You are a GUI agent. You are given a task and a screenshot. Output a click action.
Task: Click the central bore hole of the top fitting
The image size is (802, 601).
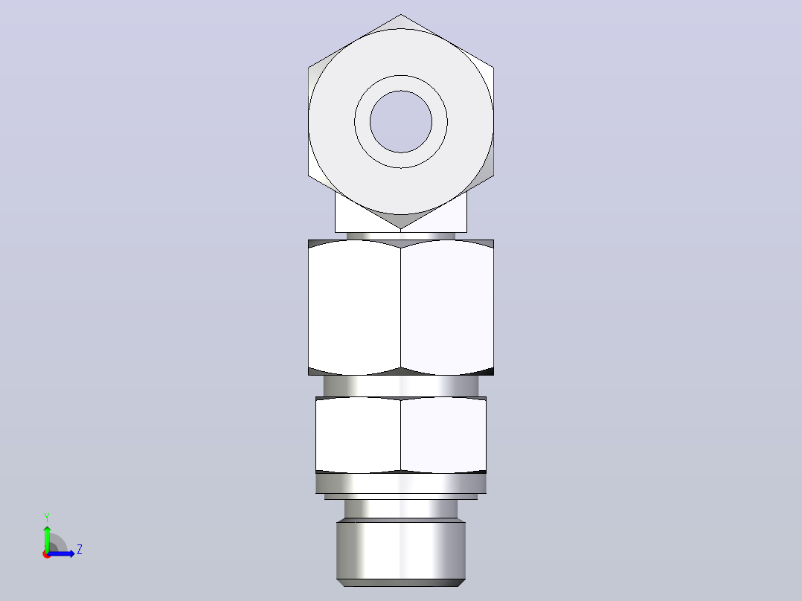(x=401, y=122)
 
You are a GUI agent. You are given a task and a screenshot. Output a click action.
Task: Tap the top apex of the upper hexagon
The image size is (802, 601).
(x=401, y=14)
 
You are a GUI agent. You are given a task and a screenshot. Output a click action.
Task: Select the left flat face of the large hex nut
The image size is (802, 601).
(x=354, y=307)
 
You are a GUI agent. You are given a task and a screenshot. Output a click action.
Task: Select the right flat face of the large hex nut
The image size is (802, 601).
(x=447, y=307)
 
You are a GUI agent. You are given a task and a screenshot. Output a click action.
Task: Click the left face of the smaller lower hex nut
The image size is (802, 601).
(x=358, y=435)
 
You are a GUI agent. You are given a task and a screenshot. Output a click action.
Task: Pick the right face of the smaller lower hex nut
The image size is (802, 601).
(x=443, y=435)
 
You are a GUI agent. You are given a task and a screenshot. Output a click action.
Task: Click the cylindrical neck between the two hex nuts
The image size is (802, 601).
(x=401, y=385)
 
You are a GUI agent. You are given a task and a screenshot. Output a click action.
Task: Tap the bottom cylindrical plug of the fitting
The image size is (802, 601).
(x=401, y=550)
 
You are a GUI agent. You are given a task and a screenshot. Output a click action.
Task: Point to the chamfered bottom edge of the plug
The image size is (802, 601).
(x=401, y=583)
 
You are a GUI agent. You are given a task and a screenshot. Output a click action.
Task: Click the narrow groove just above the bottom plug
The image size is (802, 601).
(x=401, y=509)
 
